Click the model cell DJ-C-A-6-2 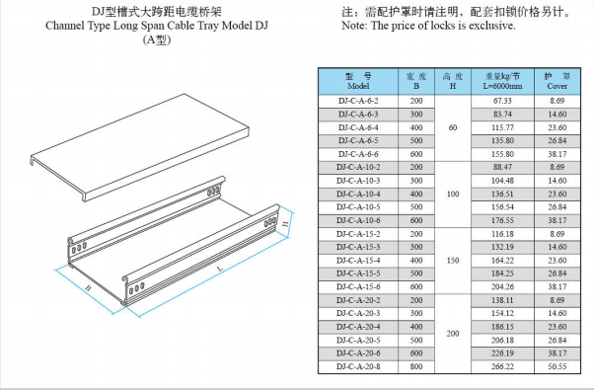(x=358, y=101)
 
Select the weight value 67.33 (x=502, y=101)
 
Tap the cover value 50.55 (x=557, y=366)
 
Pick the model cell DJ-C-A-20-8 (x=358, y=366)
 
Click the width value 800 (x=416, y=366)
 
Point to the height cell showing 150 (x=453, y=261)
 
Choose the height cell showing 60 (x=453, y=127)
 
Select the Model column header (x=358, y=81)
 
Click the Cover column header (x=557, y=81)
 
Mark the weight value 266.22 (x=502, y=366)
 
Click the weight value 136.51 (x=502, y=195)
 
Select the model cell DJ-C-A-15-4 (x=358, y=261)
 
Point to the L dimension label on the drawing (x=220, y=269)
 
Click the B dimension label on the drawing (x=88, y=288)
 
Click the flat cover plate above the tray (x=139, y=147)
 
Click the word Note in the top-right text (x=354, y=26)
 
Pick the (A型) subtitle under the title (x=157, y=39)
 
